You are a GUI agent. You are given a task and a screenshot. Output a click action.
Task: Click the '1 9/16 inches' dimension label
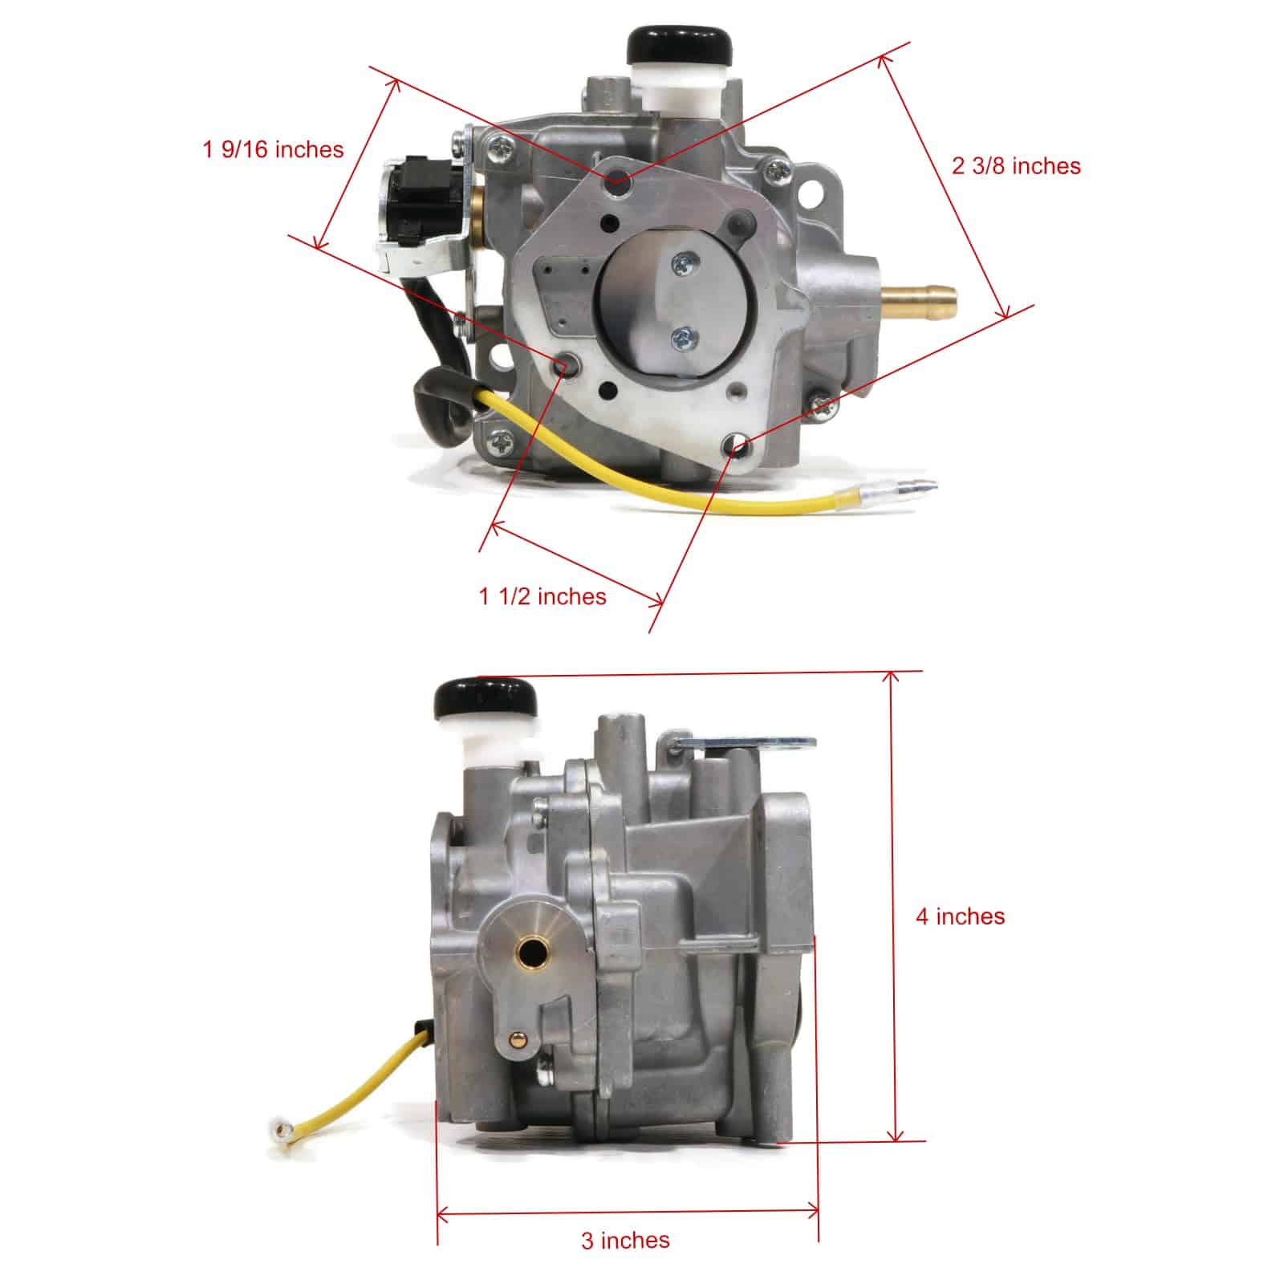tap(273, 149)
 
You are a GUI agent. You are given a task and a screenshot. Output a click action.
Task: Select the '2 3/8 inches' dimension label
tap(1016, 166)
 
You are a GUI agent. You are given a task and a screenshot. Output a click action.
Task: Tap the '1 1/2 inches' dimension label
tap(542, 596)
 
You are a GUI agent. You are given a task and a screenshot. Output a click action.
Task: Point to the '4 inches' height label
tap(960, 916)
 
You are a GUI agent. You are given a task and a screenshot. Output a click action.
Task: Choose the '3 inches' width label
tap(625, 1217)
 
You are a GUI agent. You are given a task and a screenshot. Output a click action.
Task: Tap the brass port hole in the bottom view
tap(532, 953)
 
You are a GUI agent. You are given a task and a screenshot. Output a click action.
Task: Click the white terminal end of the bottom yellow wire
tap(280, 1134)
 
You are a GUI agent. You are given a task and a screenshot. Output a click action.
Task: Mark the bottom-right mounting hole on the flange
tap(734, 444)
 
